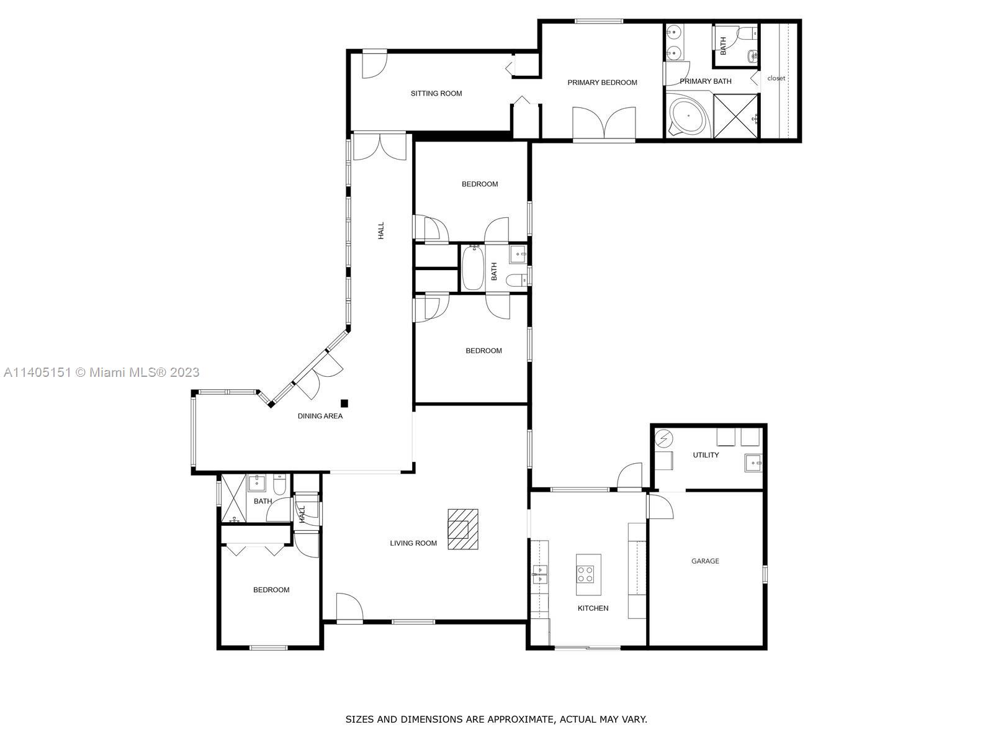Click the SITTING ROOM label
(x=436, y=94)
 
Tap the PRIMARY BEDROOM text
(x=602, y=83)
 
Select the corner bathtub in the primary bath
(x=688, y=116)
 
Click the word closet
(x=776, y=78)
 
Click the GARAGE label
(x=705, y=561)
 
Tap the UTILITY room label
(x=706, y=455)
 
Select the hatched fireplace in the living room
(x=463, y=529)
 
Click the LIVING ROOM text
(x=413, y=543)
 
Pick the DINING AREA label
(x=320, y=416)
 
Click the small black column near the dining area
(x=344, y=403)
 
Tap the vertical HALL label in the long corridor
(x=381, y=230)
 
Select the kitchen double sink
(x=539, y=574)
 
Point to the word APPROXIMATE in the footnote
(x=520, y=720)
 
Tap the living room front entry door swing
(x=349, y=607)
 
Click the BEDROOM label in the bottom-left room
(x=271, y=590)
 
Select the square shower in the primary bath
(x=735, y=115)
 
